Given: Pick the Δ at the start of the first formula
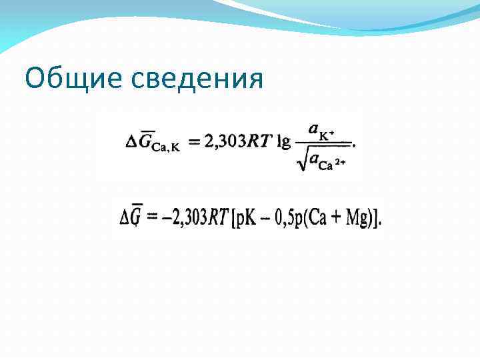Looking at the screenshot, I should pyautogui.click(x=131, y=141).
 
